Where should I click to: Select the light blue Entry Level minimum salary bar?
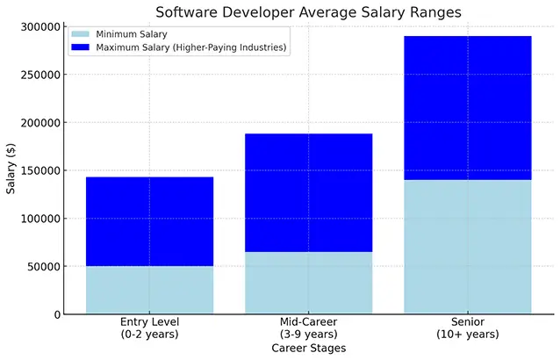tap(149, 289)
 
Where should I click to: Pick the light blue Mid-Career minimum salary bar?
tap(308, 282)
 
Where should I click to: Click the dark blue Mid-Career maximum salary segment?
tap(308, 192)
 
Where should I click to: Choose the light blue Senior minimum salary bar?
tap(468, 246)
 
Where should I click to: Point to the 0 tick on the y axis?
tap(56, 314)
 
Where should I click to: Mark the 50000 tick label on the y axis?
tap(43, 266)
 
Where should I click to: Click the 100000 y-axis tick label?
tap(39, 219)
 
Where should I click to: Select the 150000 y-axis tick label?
tap(39, 170)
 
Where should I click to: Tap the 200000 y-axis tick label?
tap(39, 123)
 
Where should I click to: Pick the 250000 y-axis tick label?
tap(39, 75)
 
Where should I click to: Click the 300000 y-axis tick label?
tap(39, 27)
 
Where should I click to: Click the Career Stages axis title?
tap(308, 349)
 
